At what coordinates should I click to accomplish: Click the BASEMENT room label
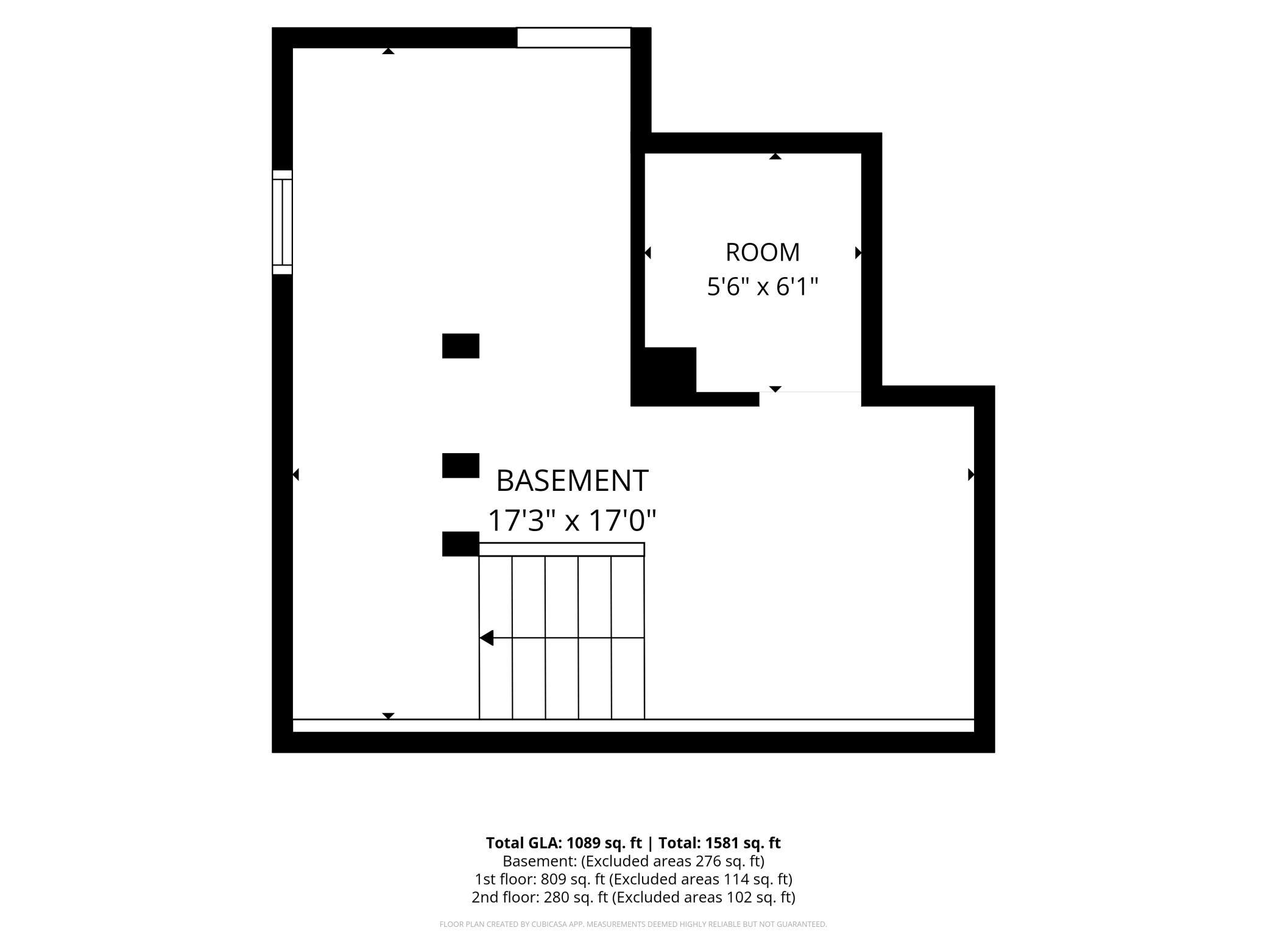pos(572,481)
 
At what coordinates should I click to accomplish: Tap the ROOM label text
pos(763,252)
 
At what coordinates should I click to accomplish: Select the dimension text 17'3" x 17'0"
pos(572,521)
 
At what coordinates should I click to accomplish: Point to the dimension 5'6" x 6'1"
pos(763,286)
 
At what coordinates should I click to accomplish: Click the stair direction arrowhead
pos(486,638)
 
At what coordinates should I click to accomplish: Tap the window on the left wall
pos(282,222)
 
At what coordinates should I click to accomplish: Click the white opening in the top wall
pos(574,37)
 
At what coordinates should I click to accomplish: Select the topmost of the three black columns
pos(461,346)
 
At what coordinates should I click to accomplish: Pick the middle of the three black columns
pos(461,466)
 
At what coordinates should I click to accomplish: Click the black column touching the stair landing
pos(461,544)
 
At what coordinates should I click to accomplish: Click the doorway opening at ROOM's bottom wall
pos(810,399)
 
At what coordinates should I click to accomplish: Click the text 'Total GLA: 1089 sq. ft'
pos(564,843)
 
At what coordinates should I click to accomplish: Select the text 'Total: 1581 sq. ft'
pos(718,843)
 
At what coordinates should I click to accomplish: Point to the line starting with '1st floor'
pos(633,879)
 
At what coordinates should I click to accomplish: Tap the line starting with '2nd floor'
pos(633,897)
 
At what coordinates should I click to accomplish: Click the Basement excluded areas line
pos(633,861)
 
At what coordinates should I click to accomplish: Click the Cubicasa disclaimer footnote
pos(633,924)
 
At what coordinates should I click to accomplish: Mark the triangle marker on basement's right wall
pos(971,474)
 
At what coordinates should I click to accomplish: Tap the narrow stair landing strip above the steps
pos(562,549)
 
